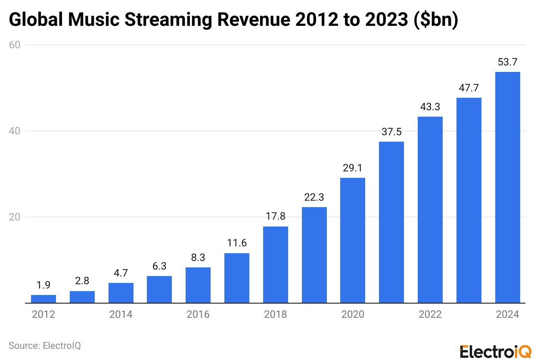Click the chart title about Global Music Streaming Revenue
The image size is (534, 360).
pyautogui.click(x=233, y=20)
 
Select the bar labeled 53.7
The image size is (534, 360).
pyautogui.click(x=507, y=187)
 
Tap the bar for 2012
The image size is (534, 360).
pyautogui.click(x=43, y=299)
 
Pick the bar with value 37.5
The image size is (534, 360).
pyautogui.click(x=391, y=222)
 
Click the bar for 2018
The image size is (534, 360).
pyautogui.click(x=276, y=264)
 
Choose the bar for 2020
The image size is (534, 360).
pyautogui.click(x=353, y=240)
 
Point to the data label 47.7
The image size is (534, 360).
pyautogui.click(x=469, y=88)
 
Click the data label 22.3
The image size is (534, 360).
pyautogui.click(x=314, y=197)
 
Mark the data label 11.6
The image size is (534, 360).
pyautogui.click(x=237, y=243)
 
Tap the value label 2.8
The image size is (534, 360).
pyautogui.click(x=82, y=281)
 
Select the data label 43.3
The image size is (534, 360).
pyautogui.click(x=430, y=107)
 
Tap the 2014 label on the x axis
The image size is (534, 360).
pyautogui.click(x=121, y=315)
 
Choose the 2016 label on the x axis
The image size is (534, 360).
pyautogui.click(x=198, y=315)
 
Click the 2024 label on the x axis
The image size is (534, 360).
pyautogui.click(x=507, y=315)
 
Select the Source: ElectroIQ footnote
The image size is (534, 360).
pyautogui.click(x=44, y=345)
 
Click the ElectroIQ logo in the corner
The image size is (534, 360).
pyautogui.click(x=495, y=351)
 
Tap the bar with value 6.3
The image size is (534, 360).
pyautogui.click(x=159, y=289)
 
